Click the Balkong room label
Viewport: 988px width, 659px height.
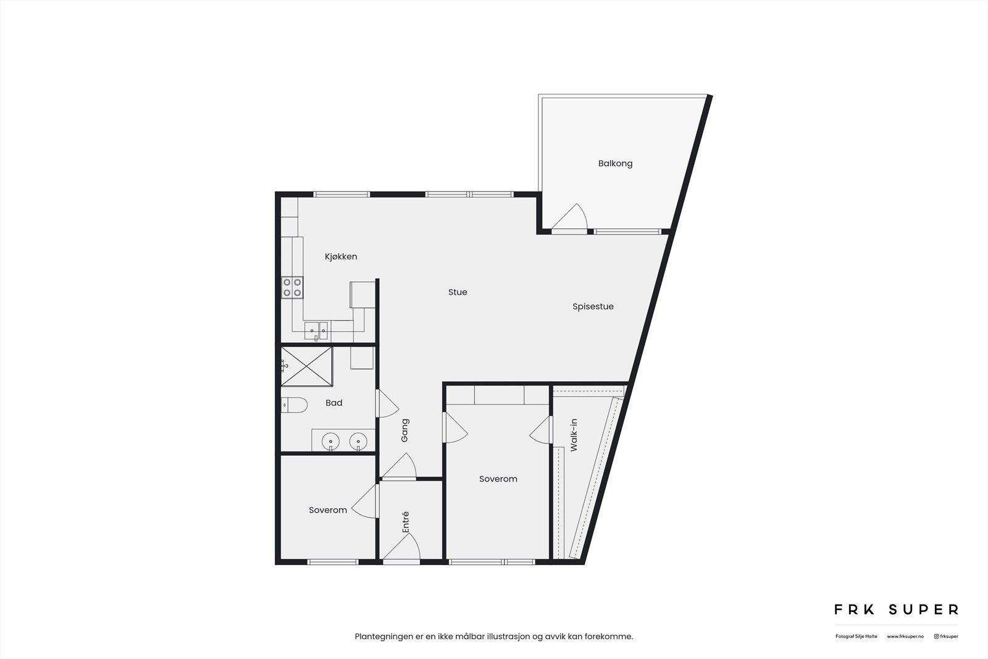(x=615, y=164)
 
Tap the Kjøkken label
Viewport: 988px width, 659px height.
(x=341, y=257)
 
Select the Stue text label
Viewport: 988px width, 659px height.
(x=458, y=292)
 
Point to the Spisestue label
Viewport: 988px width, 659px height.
(x=593, y=306)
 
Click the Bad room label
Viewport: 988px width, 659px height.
(x=333, y=403)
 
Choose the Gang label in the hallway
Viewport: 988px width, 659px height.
(x=405, y=430)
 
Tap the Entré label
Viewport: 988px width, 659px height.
(x=406, y=523)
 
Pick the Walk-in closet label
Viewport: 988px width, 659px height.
(x=574, y=435)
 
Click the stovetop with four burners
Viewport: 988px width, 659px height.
(x=293, y=287)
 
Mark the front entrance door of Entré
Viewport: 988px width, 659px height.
(x=402, y=548)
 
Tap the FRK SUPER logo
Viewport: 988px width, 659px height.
(x=896, y=610)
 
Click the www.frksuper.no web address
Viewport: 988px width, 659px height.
(x=905, y=636)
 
